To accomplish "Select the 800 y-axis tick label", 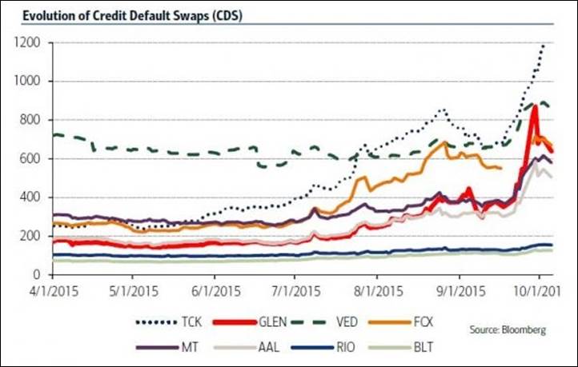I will (x=31, y=120).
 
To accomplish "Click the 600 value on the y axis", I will (x=31, y=159).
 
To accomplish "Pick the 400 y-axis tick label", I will (x=31, y=197).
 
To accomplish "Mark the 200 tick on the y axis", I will (x=31, y=236).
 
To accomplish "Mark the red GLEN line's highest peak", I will (x=534, y=106).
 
